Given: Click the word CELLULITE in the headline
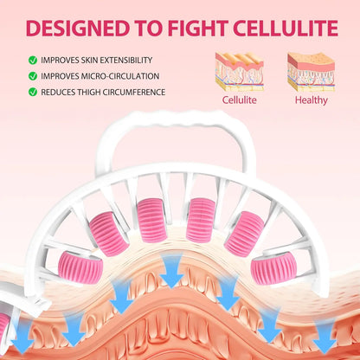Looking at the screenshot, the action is [x=286, y=29].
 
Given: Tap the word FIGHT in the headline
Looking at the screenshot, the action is [x=198, y=29].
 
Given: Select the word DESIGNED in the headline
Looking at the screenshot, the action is [x=77, y=29].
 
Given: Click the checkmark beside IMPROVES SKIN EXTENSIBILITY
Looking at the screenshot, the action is [x=33, y=61].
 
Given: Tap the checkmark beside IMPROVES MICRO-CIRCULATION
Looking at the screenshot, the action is [x=33, y=76].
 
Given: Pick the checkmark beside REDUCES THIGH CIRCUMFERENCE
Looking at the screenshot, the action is [x=33, y=92].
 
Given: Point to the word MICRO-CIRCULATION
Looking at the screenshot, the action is [x=120, y=76].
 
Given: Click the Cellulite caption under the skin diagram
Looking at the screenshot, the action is [x=239, y=100].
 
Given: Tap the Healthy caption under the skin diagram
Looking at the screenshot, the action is [x=312, y=100].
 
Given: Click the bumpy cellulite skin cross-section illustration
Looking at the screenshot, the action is [x=240, y=72].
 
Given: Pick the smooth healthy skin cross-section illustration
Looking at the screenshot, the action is [x=312, y=72].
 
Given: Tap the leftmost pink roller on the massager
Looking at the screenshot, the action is [x=80, y=268].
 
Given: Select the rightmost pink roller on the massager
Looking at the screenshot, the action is [x=273, y=268].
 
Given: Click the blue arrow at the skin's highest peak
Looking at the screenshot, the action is [x=171, y=271].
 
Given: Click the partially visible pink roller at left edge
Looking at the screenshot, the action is [x=4, y=326].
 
